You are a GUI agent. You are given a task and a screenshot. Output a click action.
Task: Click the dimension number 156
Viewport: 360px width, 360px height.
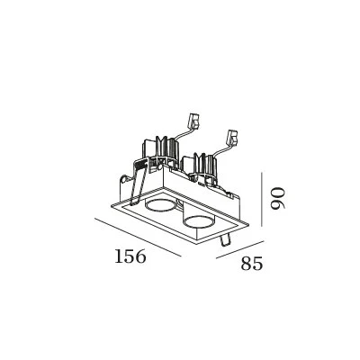coord(130,256)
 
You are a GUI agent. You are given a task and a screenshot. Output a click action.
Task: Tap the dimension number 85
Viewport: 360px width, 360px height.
coord(252,264)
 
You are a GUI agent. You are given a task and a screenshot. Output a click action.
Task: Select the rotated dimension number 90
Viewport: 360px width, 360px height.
coord(276,198)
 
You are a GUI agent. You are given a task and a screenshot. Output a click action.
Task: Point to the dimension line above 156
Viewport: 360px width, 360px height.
coord(138,238)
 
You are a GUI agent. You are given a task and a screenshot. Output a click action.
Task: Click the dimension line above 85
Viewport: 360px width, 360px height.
coord(240,249)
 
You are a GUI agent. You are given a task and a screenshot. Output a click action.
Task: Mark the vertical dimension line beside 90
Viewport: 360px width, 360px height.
coord(262,199)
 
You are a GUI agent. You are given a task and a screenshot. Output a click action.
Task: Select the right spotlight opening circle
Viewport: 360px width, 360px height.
coord(199,222)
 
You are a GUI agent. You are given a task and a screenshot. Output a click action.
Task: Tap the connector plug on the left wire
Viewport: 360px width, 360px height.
coord(193,121)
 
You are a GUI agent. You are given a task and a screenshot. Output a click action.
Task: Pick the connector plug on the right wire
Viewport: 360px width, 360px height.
coord(233,137)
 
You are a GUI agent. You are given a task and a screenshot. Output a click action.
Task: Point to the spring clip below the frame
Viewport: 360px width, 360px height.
coord(224,240)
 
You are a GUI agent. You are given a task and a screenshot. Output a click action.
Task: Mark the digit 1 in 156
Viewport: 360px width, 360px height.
coord(119,256)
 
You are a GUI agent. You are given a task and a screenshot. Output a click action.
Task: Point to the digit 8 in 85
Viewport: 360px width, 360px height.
coord(247,264)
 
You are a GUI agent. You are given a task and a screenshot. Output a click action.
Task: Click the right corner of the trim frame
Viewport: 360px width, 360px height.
coord(248,223)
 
